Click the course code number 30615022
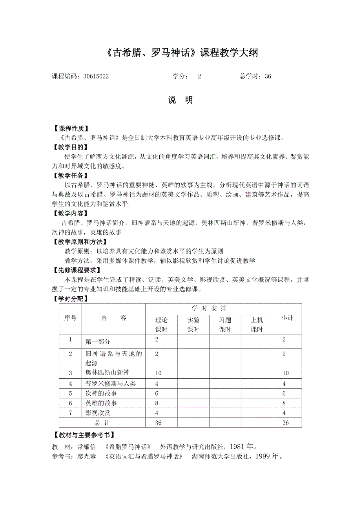(96, 77)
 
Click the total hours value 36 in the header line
(268, 77)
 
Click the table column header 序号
(70, 318)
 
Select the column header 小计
(287, 318)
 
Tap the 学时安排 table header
(209, 308)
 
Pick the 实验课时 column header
(193, 325)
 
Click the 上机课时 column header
(257, 325)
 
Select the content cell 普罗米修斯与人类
(110, 383)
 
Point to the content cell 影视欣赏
(98, 413)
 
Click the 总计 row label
(102, 423)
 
